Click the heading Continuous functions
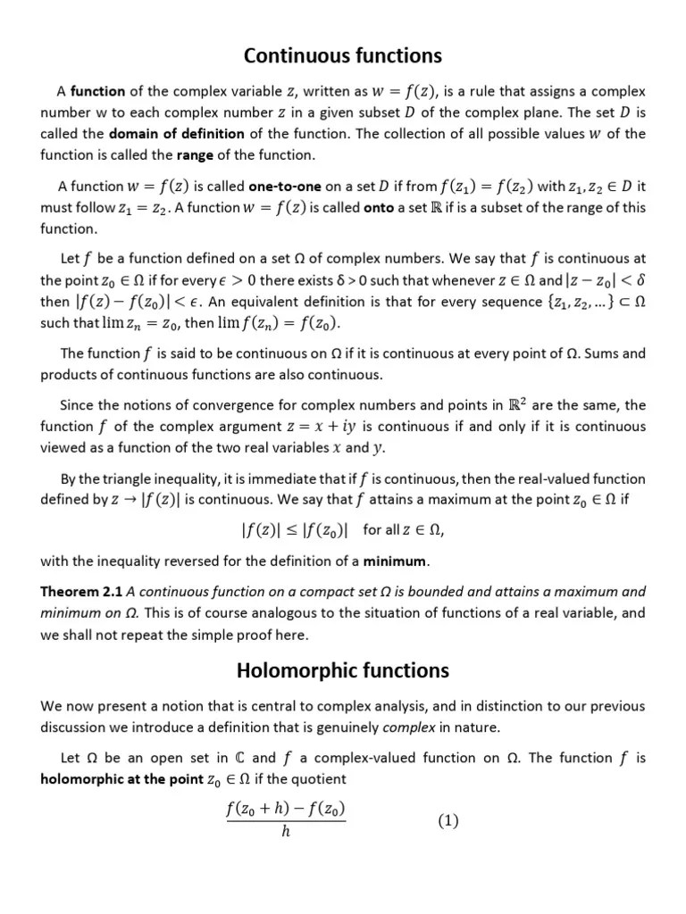coord(343,55)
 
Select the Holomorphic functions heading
coord(343,669)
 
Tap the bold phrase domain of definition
coord(177,134)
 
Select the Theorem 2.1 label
coord(82,592)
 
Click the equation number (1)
coord(448,821)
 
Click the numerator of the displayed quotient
coord(285,810)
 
